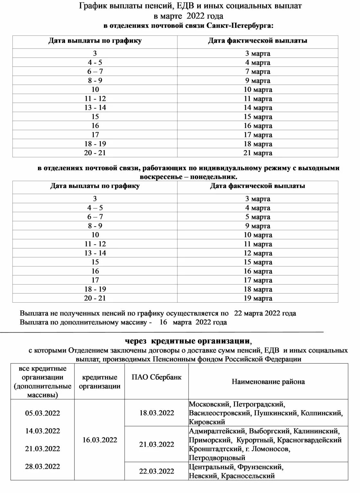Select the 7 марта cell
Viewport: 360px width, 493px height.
pyautogui.click(x=258, y=72)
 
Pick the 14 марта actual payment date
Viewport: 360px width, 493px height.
pyautogui.click(x=258, y=108)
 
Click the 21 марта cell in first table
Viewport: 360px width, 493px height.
pyautogui.click(x=258, y=153)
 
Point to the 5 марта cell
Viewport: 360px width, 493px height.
pyautogui.click(x=258, y=217)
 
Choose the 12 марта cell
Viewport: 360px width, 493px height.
pyautogui.click(x=258, y=253)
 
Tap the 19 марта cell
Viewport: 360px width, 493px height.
pyautogui.click(x=258, y=298)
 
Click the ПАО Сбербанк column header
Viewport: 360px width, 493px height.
pyautogui.click(x=156, y=377)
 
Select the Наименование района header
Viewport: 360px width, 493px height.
pyautogui.click(x=268, y=382)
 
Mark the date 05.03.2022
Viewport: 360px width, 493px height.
pyautogui.click(x=42, y=413)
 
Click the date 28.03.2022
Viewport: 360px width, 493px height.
pyautogui.click(x=42, y=466)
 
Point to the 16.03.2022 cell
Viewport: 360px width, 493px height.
pyautogui.click(x=99, y=440)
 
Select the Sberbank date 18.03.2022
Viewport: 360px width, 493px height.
pyautogui.click(x=156, y=413)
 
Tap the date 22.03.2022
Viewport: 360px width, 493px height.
pyautogui.click(x=156, y=471)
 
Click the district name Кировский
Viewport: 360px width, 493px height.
pyautogui.click(x=207, y=422)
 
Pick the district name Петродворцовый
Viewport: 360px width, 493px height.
pyautogui.click(x=217, y=458)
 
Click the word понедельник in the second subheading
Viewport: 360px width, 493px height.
pyautogui.click(x=218, y=177)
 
